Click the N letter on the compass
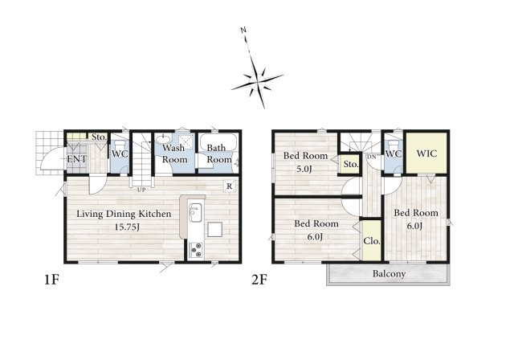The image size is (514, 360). click(x=243, y=31)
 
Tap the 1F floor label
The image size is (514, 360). click(x=51, y=280)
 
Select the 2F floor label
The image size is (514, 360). click(x=259, y=280)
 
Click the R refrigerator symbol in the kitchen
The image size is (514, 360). click(x=230, y=186)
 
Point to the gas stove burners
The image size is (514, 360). click(x=196, y=250)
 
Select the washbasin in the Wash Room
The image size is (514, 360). click(x=162, y=139)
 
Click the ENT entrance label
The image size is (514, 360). click(x=77, y=159)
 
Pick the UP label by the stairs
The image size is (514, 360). click(x=141, y=190)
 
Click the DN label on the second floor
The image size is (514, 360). click(x=372, y=157)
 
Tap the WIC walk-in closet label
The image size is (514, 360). click(x=426, y=153)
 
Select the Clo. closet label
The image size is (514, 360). click(x=372, y=241)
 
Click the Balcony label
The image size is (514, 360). click(x=389, y=274)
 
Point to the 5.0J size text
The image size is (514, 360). click(x=304, y=170)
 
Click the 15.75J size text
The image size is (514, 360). click(x=127, y=227)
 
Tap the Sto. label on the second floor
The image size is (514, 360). click(x=351, y=164)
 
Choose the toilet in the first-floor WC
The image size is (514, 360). click(x=120, y=145)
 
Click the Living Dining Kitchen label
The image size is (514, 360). click(x=124, y=214)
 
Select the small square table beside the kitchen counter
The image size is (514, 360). click(x=214, y=229)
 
